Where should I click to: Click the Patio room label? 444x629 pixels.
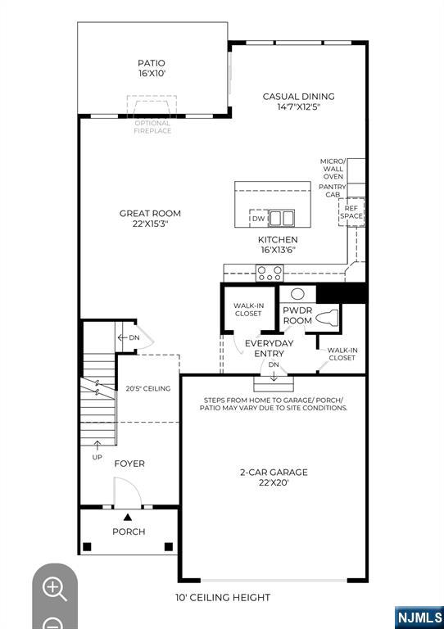tap(152, 68)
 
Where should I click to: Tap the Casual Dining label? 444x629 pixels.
tap(298, 102)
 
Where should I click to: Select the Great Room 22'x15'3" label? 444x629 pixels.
tap(150, 219)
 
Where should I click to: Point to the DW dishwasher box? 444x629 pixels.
tap(259, 219)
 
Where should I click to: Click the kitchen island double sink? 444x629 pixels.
tap(283, 218)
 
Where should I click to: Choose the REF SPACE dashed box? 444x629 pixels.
tap(351, 211)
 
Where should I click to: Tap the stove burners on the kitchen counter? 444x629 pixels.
tap(270, 274)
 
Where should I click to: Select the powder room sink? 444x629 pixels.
tap(298, 293)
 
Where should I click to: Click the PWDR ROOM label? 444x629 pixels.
tap(297, 316)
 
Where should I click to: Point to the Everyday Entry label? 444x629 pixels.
tap(269, 348)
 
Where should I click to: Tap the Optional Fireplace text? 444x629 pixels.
tap(152, 127)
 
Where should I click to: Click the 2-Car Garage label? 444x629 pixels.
tap(274, 477)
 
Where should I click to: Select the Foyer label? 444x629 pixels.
tap(129, 464)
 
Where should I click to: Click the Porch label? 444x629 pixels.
tap(129, 532)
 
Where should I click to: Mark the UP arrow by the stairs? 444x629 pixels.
tap(97, 449)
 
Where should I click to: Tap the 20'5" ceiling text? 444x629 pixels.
tap(148, 388)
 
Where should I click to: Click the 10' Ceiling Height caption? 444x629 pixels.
tap(223, 597)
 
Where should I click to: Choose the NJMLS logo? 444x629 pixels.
tap(419, 617)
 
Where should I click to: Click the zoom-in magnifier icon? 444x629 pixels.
tap(54, 587)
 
